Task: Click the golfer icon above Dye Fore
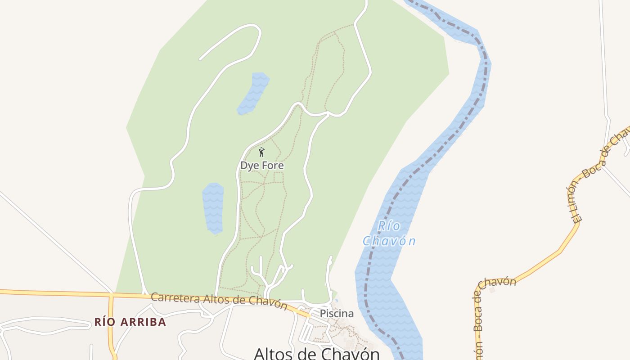point(261,152)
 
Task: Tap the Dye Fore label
point(262,166)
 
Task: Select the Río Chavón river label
point(389,234)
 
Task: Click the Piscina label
point(337,314)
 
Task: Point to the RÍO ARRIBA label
point(130,322)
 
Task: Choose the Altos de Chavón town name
point(317,353)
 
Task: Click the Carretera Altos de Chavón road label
point(219,300)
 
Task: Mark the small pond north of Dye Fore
point(253,93)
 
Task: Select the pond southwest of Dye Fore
point(213,207)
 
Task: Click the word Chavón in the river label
point(389,241)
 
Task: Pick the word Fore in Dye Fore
point(273,166)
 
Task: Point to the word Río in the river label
point(389,226)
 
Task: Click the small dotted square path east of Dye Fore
point(279,177)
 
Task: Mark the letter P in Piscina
point(323,314)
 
